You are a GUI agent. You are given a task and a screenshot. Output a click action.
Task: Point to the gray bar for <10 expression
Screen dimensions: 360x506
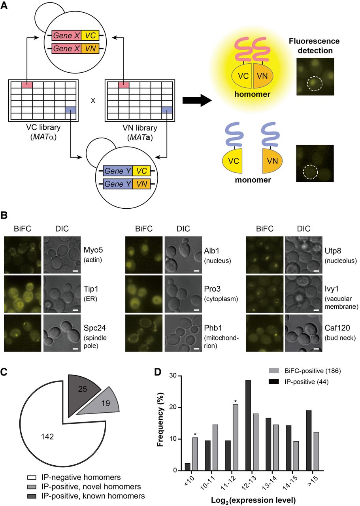(195, 454)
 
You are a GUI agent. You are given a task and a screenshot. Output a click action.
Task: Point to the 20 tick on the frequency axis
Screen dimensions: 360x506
(174, 407)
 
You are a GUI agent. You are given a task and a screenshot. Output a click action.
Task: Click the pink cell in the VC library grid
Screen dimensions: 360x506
(27, 85)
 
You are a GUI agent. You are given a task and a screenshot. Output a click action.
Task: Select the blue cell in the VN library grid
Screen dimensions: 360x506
(167, 110)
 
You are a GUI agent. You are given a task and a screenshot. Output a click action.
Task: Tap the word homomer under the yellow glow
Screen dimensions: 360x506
(252, 94)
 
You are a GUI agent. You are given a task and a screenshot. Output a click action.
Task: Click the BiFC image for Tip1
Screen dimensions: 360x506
(23, 294)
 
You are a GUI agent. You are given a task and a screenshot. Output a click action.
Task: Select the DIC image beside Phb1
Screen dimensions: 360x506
(183, 333)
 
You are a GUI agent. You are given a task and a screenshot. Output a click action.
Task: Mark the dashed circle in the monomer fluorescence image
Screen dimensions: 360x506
(311, 172)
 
